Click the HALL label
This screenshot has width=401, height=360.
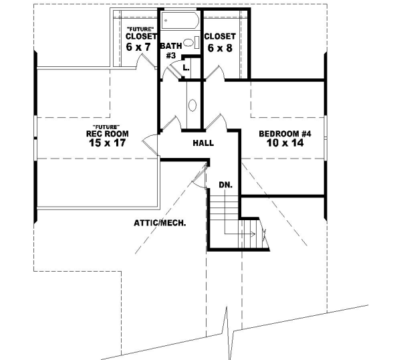point(203,143)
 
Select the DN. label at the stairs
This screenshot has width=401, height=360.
point(225,183)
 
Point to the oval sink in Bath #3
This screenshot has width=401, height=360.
point(190,43)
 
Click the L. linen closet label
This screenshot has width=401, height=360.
point(186,68)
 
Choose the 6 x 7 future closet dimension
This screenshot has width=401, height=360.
point(139,48)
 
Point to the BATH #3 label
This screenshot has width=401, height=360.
point(169,50)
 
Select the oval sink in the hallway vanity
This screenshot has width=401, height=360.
point(192,105)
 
